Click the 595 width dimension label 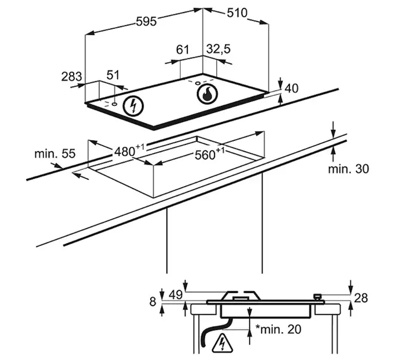coord(146,21)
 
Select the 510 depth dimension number coord(237,13)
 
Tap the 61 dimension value coord(182,50)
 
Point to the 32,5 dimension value coord(218,49)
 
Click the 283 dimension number coord(72,76)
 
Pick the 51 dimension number coord(113,75)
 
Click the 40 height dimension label coord(291,88)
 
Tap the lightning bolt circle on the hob coord(134,106)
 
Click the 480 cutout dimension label coord(129,151)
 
